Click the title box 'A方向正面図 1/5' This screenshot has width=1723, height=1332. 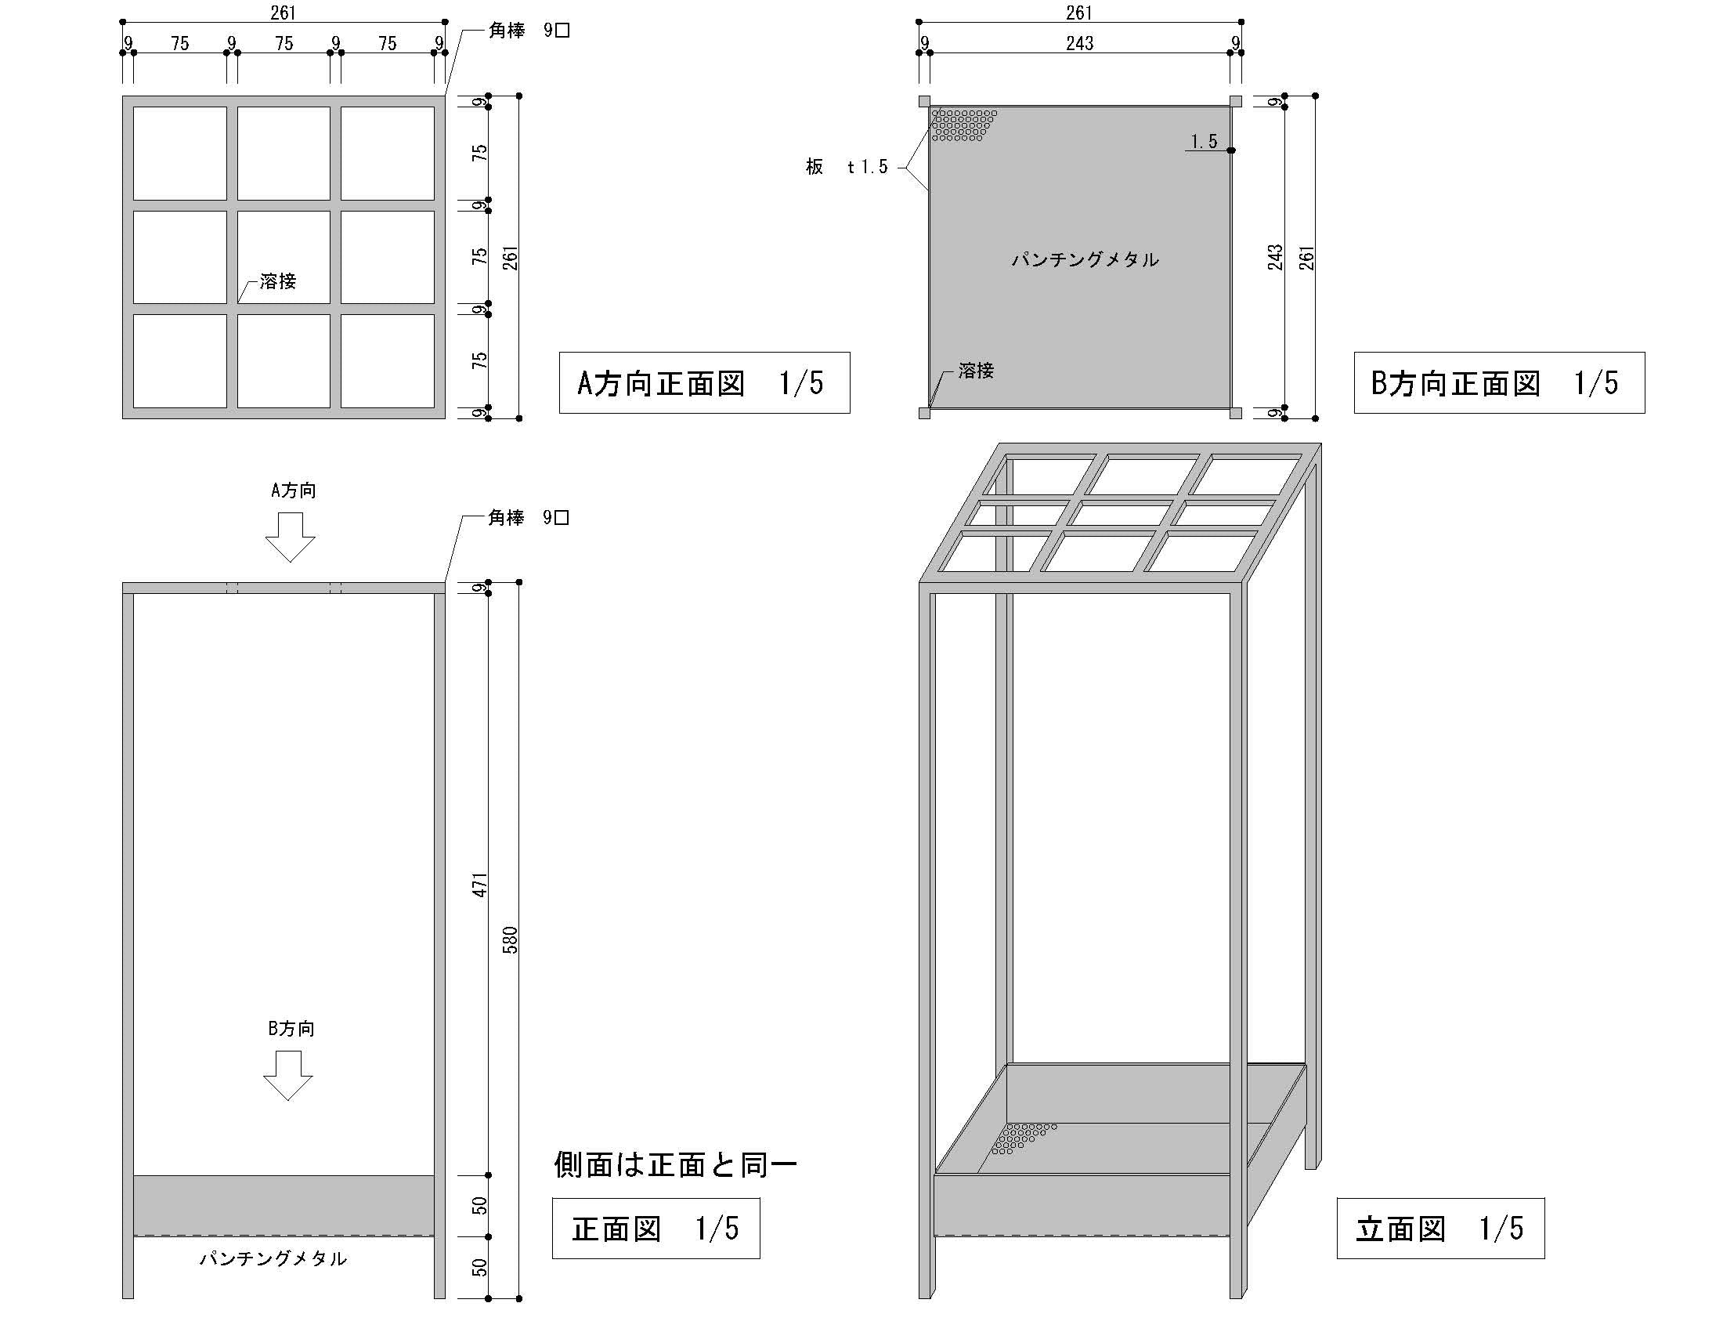[x=704, y=382]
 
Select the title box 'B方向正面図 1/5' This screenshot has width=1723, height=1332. [x=1498, y=382]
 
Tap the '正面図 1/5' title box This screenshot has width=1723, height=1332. [x=656, y=1229]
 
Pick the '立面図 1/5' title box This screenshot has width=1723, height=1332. [x=1439, y=1229]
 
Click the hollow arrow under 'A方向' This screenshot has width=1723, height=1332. [x=290, y=537]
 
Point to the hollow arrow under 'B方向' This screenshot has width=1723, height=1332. [x=288, y=1076]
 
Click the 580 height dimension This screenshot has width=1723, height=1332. [x=511, y=939]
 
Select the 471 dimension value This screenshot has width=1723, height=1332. [x=479, y=885]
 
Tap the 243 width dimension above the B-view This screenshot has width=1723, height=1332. [x=1079, y=43]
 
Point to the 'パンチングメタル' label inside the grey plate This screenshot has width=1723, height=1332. [x=1085, y=259]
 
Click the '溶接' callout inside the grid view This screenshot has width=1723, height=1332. [x=277, y=282]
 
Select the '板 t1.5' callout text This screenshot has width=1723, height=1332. [x=847, y=166]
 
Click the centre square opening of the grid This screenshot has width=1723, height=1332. [x=284, y=256]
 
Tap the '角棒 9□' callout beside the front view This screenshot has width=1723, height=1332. [x=528, y=518]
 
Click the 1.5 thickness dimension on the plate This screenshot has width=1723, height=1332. [x=1204, y=141]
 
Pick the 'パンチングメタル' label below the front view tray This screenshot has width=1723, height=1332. [x=273, y=1258]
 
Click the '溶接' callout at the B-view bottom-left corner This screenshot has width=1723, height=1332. [x=976, y=370]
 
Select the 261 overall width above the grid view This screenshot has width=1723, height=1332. [x=283, y=13]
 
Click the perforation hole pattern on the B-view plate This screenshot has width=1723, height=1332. [x=962, y=125]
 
